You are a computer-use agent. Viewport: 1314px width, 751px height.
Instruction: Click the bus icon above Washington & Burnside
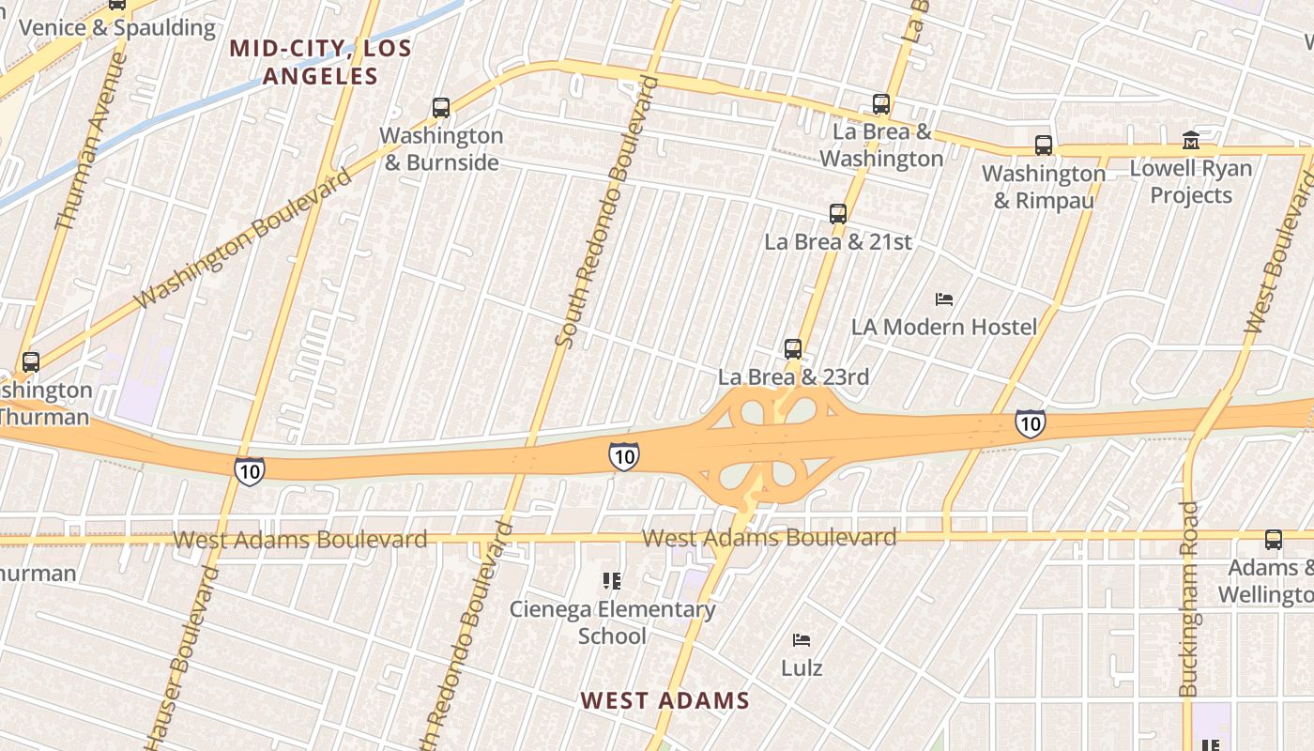[x=441, y=108]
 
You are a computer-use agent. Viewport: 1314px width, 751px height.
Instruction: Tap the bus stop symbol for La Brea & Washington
[x=880, y=104]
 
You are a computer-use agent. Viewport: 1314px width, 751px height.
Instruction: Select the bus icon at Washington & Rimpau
[x=1044, y=146]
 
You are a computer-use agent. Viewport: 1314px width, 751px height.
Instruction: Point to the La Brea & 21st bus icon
[x=838, y=214]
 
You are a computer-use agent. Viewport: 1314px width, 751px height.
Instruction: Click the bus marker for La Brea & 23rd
[x=793, y=349]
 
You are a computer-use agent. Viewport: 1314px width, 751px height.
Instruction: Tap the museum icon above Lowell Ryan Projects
[x=1191, y=141]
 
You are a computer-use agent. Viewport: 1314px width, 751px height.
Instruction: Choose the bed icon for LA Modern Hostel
[x=945, y=299]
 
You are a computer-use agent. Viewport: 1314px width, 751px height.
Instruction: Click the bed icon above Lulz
[x=802, y=640]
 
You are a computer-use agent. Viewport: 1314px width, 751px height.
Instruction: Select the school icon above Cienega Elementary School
[x=612, y=582]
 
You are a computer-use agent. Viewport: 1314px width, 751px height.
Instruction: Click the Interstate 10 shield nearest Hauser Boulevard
[x=250, y=470]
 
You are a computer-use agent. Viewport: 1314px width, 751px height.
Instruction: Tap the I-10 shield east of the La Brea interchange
[x=1030, y=423]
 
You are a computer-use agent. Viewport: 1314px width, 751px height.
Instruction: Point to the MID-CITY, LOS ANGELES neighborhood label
[x=321, y=62]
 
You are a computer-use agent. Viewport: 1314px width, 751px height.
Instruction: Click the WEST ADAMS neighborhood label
[x=665, y=700]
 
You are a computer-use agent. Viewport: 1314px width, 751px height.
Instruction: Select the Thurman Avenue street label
[x=92, y=141]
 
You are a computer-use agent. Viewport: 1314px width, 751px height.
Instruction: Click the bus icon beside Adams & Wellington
[x=1274, y=540]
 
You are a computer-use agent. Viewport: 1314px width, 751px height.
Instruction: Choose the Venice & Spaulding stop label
[x=117, y=27]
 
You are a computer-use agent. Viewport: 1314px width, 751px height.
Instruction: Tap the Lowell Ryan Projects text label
[x=1191, y=182]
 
